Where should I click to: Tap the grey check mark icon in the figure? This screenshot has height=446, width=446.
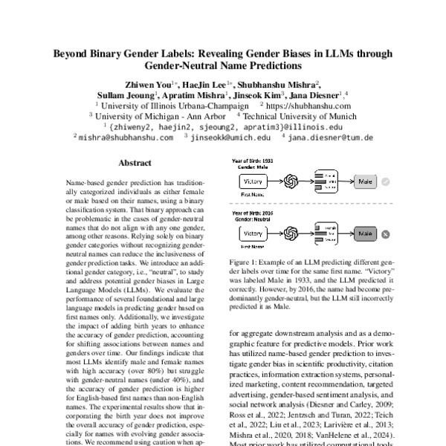point(386,181)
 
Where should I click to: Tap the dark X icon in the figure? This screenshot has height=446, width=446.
point(386,233)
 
